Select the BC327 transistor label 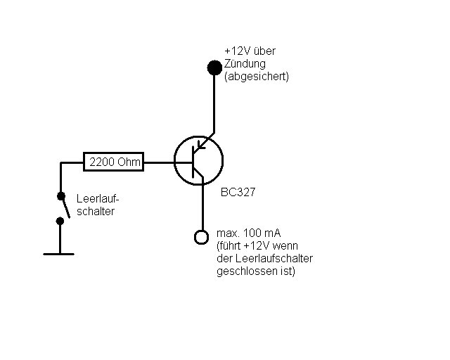[238, 192]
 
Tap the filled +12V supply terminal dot [214, 67]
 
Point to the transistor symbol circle [174, 161]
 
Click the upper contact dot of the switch [61, 196]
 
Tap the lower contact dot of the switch [60, 221]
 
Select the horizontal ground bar [58, 254]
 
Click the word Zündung [245, 64]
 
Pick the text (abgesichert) [257, 77]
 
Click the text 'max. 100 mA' [248, 233]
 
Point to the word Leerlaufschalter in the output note [274, 258]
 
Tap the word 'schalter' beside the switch [96, 212]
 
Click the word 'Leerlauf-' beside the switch [98, 199]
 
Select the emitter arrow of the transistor [202, 145]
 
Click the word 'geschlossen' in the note [247, 271]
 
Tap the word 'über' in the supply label [264, 51]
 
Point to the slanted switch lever [65, 207]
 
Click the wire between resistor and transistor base [159, 162]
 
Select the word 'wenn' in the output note [285, 246]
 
